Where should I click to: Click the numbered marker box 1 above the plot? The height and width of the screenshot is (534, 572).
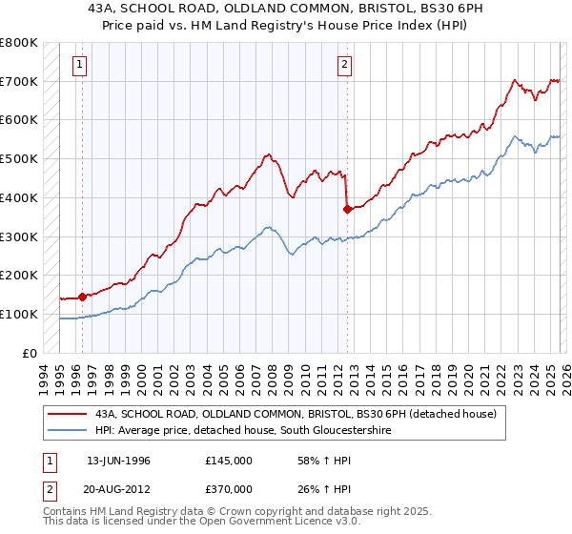[78, 65]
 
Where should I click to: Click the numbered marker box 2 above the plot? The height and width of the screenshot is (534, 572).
[344, 65]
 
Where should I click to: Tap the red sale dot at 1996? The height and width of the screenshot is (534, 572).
[83, 296]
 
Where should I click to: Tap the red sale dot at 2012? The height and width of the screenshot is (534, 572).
[348, 208]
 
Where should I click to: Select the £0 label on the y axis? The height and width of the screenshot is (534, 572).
[31, 353]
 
